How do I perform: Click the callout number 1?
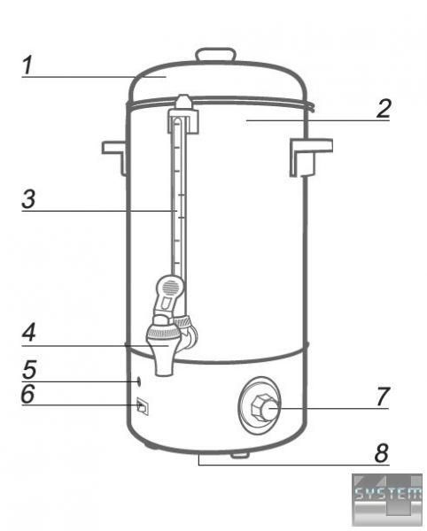tap(27, 65)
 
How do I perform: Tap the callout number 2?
tap(384, 109)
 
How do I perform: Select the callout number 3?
tap(28, 199)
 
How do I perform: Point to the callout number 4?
tap(29, 333)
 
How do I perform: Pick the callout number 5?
tap(29, 369)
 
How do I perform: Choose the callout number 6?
tap(27, 394)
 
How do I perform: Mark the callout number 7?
tap(383, 396)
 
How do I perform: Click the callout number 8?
tap(382, 453)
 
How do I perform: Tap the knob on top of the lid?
tap(216, 55)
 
